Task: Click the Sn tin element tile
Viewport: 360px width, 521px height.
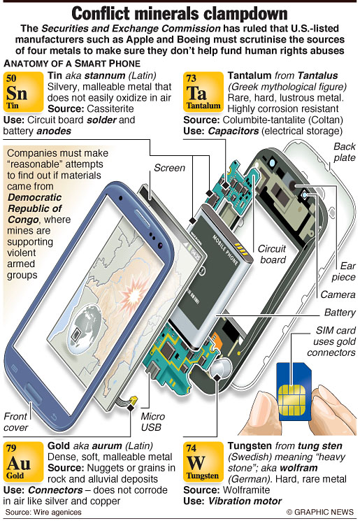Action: (23, 92)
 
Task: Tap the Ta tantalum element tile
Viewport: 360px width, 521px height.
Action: (203, 92)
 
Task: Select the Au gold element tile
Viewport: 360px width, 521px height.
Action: (23, 462)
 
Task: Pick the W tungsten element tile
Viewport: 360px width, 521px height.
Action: (203, 462)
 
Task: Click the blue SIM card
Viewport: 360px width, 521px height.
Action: (294, 390)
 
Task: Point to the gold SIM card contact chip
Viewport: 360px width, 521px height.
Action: (292, 400)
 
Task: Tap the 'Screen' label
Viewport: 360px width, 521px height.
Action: (169, 168)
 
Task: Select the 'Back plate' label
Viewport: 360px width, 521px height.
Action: (345, 152)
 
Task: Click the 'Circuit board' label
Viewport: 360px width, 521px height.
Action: (273, 254)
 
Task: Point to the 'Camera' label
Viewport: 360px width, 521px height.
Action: (338, 294)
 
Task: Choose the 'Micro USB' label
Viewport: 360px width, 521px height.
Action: (153, 422)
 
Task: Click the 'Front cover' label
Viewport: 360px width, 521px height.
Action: (15, 422)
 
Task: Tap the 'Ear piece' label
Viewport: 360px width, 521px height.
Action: (344, 271)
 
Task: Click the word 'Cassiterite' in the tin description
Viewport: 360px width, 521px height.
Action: (110, 108)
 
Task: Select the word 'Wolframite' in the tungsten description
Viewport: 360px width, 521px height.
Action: (247, 490)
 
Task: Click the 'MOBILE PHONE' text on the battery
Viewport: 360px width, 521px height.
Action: (226, 250)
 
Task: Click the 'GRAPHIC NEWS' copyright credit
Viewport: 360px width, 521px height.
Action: (320, 512)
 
